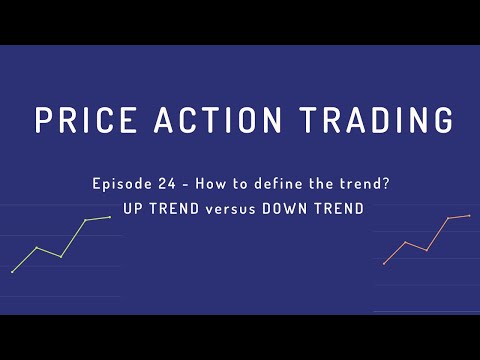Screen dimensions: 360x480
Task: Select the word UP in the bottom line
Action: [x=130, y=210]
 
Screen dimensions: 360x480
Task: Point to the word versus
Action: [x=227, y=210]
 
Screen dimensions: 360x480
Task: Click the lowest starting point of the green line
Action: [x=12, y=271]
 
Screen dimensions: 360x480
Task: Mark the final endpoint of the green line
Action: [x=109, y=216]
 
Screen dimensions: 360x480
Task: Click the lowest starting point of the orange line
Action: [x=384, y=263]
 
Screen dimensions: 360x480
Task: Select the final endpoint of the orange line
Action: [x=469, y=215]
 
